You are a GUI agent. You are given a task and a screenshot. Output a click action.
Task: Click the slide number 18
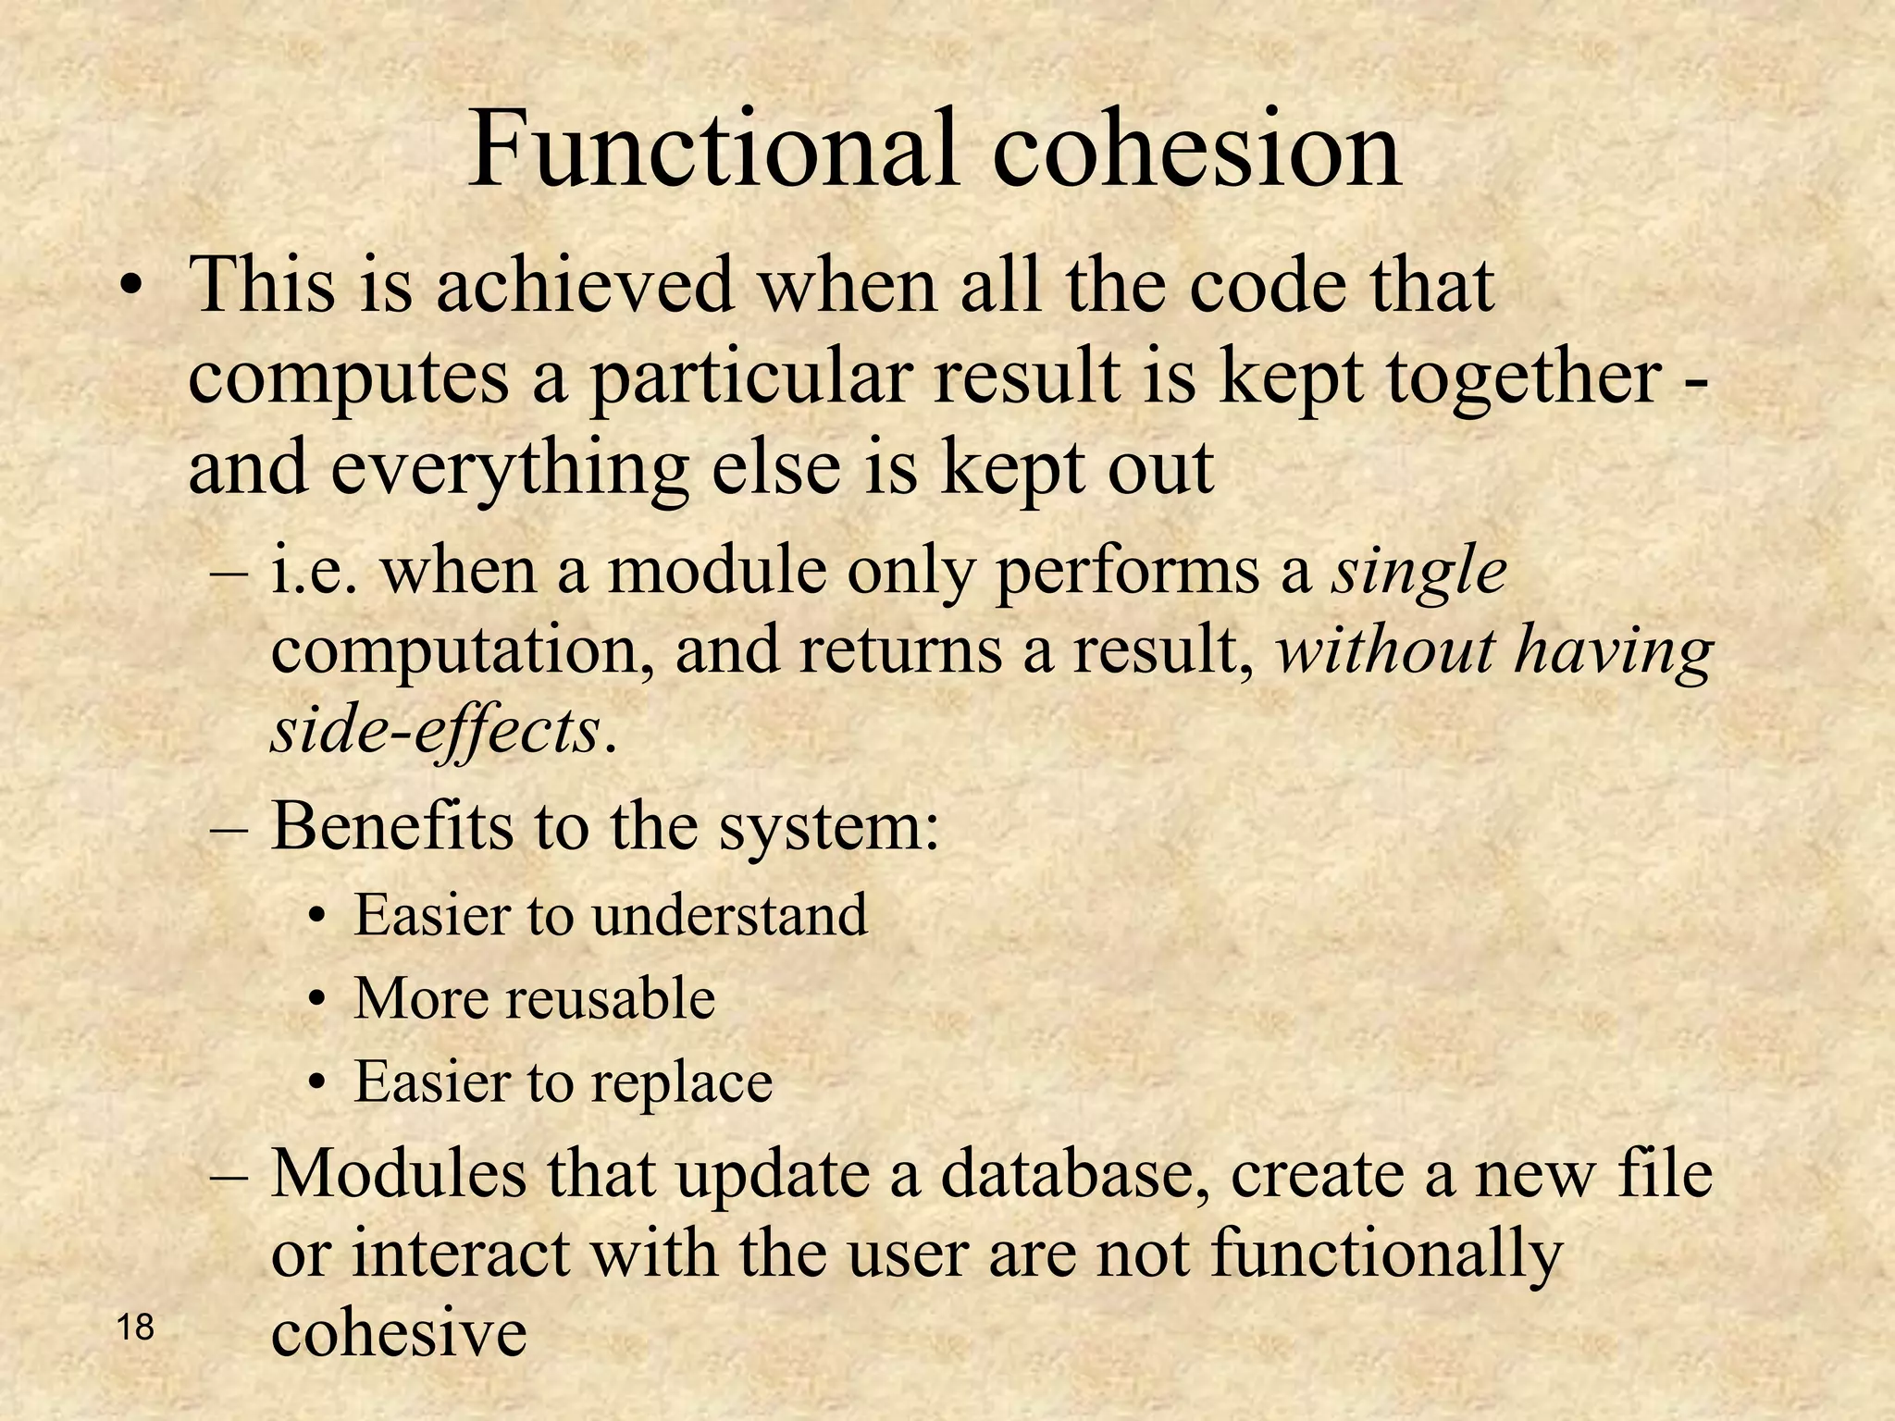click(x=136, y=1328)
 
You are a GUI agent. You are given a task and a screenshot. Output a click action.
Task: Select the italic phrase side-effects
click(x=435, y=732)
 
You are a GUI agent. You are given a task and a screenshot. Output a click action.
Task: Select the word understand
click(x=730, y=915)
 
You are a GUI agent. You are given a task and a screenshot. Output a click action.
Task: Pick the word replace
click(x=681, y=1081)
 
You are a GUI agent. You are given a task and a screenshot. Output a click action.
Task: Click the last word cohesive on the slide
click(x=399, y=1333)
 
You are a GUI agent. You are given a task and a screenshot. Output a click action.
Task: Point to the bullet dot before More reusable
click(x=318, y=1001)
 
